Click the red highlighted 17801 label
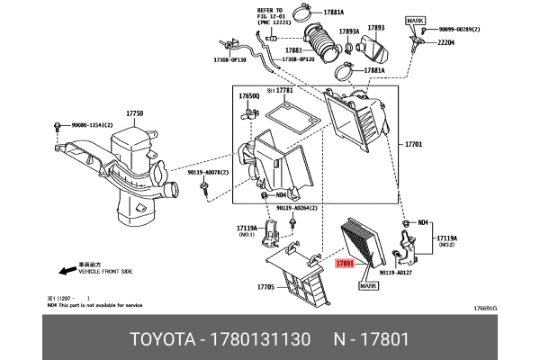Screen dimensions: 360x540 344,264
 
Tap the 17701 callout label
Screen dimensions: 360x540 414,143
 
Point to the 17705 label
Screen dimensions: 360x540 265,288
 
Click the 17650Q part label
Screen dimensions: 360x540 248,94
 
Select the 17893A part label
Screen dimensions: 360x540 348,32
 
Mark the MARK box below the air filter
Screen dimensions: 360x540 370,285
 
